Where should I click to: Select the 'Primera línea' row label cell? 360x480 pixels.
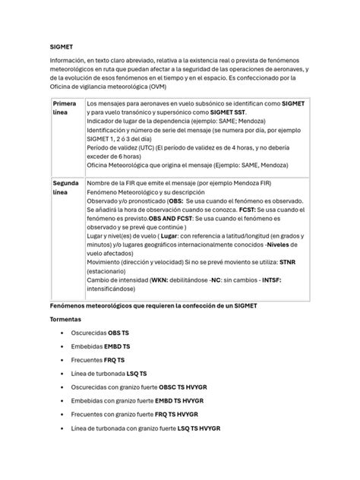click(66, 106)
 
